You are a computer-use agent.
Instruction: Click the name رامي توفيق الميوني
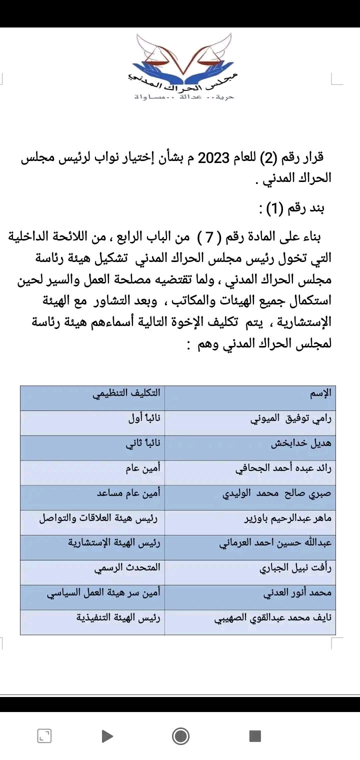click(290, 418)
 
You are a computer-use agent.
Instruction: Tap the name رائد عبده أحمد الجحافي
click(283, 468)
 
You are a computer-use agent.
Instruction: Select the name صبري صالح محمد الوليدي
click(276, 493)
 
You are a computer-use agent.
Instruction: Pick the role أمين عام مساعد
click(128, 493)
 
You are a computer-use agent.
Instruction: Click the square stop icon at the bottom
click(255, 736)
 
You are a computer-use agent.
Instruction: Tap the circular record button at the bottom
click(180, 736)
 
